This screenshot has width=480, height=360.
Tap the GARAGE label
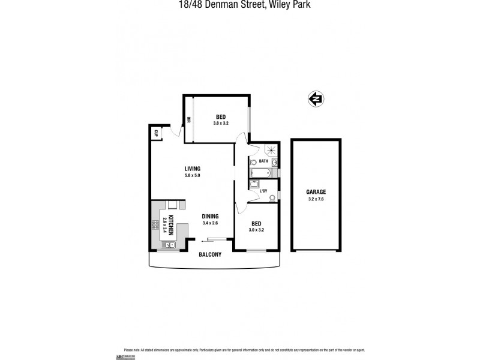tap(316, 192)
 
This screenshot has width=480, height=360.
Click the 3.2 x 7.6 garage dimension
tap(316, 199)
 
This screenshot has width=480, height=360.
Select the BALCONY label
tap(210, 254)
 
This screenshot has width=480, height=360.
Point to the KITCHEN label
tap(171, 224)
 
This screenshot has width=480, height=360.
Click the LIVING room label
tap(192, 169)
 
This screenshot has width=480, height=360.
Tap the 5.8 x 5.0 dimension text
tap(192, 175)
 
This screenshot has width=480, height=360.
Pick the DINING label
tap(210, 217)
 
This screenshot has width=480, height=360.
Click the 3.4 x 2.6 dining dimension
tap(210, 223)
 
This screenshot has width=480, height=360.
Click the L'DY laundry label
tap(263, 191)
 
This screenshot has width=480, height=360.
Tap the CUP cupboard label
tap(156, 133)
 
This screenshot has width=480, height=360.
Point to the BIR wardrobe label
tap(188, 119)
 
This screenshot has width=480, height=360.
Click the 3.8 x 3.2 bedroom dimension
tap(221, 123)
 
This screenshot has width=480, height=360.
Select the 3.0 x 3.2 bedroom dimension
tap(257, 229)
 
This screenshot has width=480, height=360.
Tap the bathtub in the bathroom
tap(260, 174)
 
